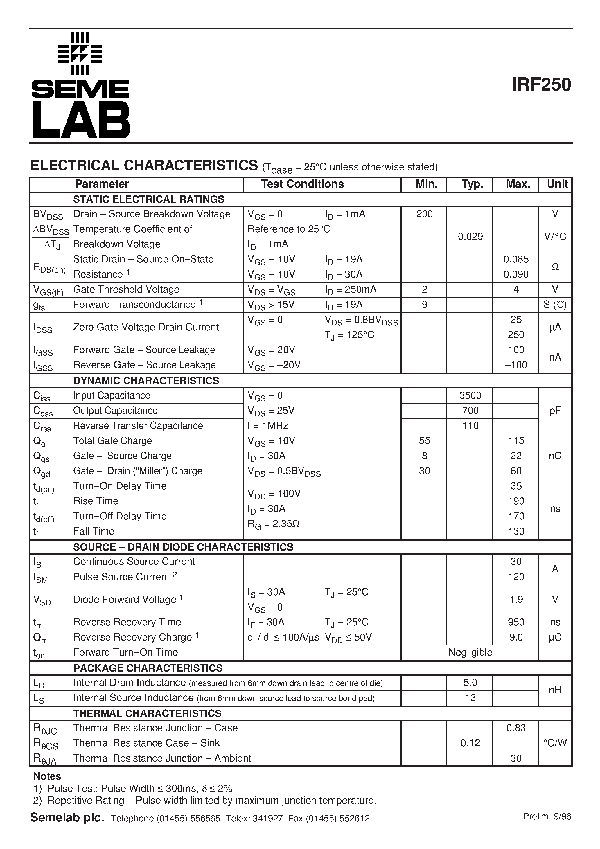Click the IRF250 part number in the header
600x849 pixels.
(541, 85)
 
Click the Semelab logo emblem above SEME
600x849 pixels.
(80, 54)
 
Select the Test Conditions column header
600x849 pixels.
(302, 184)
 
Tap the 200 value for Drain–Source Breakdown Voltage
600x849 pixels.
(424, 214)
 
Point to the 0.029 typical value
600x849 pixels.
(470, 237)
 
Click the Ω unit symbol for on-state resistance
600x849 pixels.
(555, 267)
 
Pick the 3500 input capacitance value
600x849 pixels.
(470, 395)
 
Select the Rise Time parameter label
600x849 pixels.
(96, 501)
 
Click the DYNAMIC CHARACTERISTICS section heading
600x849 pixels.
(146, 380)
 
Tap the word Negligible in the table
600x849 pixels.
(470, 652)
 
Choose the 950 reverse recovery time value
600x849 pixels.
(516, 622)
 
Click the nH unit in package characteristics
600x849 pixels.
(555, 690)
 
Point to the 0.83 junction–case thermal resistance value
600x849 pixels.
(516, 728)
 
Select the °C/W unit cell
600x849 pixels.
(555, 743)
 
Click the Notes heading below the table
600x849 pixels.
(47, 776)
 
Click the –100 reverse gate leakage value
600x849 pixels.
(516, 365)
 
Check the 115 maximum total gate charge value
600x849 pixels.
(516, 441)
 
